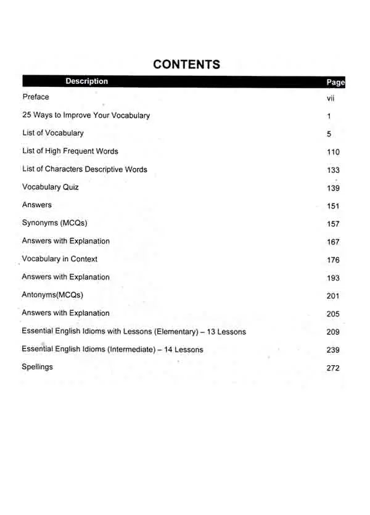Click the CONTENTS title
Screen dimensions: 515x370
coord(186,64)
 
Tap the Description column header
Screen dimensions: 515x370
coord(86,81)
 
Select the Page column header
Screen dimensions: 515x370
coord(335,83)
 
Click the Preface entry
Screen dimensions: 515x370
coord(36,97)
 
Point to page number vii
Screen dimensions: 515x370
coord(331,98)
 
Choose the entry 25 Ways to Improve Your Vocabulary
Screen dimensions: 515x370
coord(86,115)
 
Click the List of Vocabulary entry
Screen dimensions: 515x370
coord(53,133)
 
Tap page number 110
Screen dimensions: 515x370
coord(333,152)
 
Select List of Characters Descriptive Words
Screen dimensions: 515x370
coord(84,169)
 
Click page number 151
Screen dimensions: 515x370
coord(333,207)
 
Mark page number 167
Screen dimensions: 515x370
coord(333,242)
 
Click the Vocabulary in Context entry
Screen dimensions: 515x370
coord(60,259)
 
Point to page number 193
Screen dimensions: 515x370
coord(333,278)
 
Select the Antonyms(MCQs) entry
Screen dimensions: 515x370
coord(52,295)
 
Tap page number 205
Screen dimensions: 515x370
coord(333,314)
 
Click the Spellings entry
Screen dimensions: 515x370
coord(38,367)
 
